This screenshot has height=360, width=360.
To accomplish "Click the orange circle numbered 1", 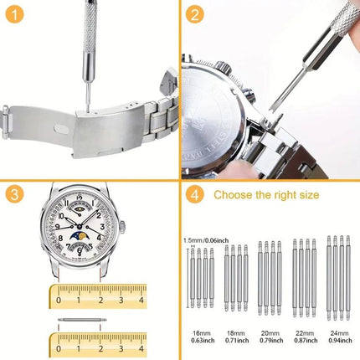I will tap(16, 15).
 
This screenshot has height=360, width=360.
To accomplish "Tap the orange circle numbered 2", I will tap(194, 15).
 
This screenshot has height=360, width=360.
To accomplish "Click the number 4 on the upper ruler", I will tap(141, 292).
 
